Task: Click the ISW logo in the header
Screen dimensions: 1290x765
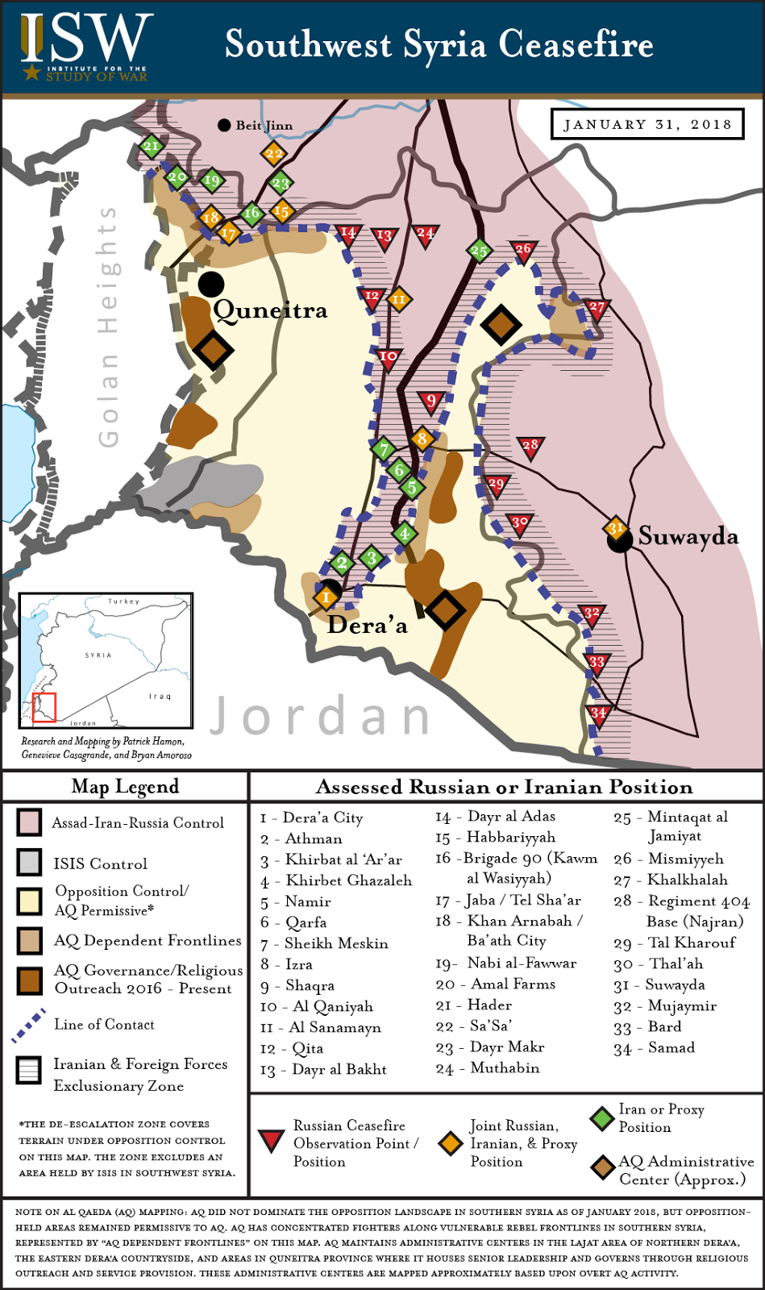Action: (x=85, y=47)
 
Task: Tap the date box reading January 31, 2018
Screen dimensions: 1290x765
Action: (x=647, y=124)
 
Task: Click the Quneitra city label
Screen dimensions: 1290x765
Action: (x=270, y=310)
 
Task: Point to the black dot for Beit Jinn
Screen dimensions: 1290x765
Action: (x=224, y=125)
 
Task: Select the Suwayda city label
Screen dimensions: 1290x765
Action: (x=688, y=536)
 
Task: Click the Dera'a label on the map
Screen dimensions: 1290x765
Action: (x=367, y=626)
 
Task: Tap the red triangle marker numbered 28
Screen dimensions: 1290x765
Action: (x=530, y=447)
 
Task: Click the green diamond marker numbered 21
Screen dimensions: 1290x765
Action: (x=151, y=146)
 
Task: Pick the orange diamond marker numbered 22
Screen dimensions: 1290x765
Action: (x=274, y=153)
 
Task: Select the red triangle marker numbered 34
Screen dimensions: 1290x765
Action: (x=597, y=714)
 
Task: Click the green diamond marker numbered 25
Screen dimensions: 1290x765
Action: (x=479, y=251)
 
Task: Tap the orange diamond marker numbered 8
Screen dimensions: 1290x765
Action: (x=422, y=439)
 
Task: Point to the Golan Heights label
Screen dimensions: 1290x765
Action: (x=107, y=326)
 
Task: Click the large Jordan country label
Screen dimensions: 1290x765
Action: (x=321, y=716)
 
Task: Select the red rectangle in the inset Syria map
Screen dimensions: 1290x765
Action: (x=44, y=706)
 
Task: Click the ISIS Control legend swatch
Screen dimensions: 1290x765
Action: (x=29, y=863)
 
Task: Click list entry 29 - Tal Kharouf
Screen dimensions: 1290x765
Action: (x=675, y=943)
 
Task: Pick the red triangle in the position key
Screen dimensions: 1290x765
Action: (x=271, y=1140)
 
